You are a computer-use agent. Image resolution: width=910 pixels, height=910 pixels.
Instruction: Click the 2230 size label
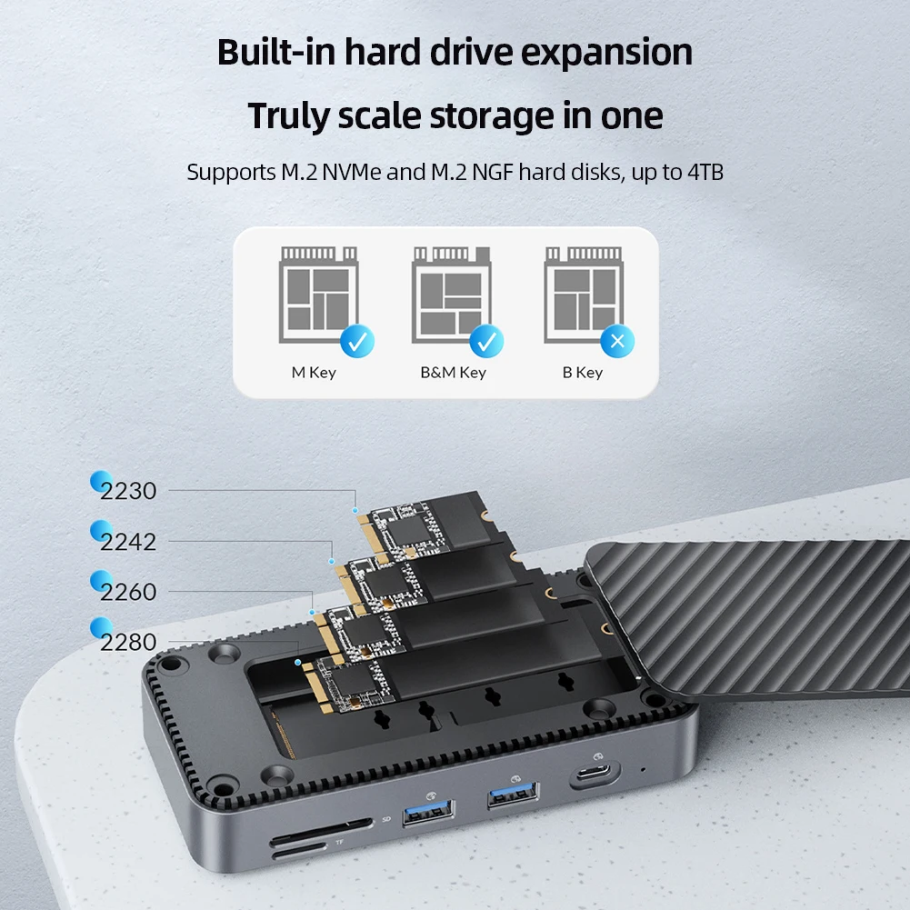click(128, 491)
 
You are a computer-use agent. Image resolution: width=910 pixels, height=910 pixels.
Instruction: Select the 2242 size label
click(128, 542)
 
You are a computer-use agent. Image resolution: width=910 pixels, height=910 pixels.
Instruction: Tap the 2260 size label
click(128, 592)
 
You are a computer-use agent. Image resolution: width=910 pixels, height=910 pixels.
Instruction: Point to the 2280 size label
click(128, 643)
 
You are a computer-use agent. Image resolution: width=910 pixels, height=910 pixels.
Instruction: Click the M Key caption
click(314, 373)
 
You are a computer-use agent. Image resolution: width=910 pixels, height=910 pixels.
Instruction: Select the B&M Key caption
click(453, 373)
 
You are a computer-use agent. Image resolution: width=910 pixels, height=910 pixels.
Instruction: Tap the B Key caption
click(583, 373)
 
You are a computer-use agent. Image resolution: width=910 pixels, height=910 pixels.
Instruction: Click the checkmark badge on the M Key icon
click(356, 342)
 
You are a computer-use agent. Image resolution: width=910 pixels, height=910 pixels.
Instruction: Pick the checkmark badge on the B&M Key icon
click(486, 342)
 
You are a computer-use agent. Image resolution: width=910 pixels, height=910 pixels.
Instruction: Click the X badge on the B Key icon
click(617, 342)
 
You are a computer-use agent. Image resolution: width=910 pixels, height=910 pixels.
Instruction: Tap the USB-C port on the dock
click(595, 778)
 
